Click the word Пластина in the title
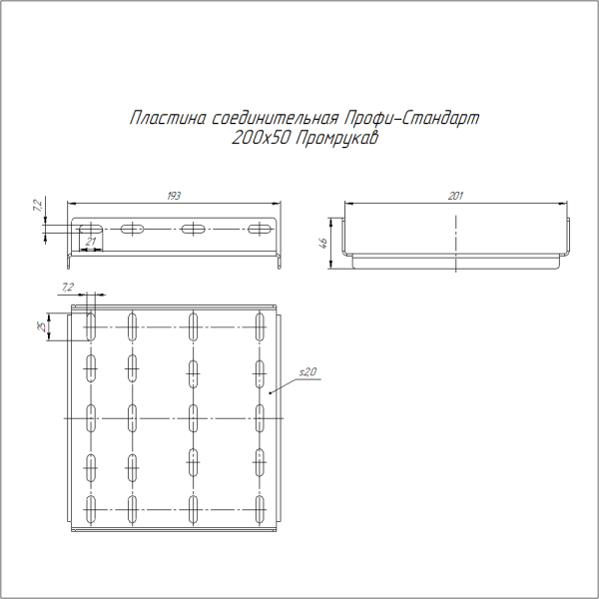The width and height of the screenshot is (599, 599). [x=168, y=119]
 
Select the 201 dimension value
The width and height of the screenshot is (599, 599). [x=455, y=196]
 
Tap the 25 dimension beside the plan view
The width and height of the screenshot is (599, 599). [x=42, y=327]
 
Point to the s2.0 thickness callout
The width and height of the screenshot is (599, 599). [x=307, y=371]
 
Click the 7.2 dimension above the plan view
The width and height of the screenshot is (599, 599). [x=68, y=288]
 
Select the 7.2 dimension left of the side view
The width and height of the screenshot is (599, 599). [x=37, y=208]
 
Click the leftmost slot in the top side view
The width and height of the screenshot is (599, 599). [x=90, y=229]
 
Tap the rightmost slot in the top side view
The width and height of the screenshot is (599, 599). [x=260, y=229]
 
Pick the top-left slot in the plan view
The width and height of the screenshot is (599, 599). [x=91, y=324]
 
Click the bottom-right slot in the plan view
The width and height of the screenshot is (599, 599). [x=260, y=510]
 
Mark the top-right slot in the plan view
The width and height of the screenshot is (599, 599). [x=260, y=324]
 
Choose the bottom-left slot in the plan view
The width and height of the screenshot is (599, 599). [x=91, y=510]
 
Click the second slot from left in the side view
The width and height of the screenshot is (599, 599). [x=133, y=229]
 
